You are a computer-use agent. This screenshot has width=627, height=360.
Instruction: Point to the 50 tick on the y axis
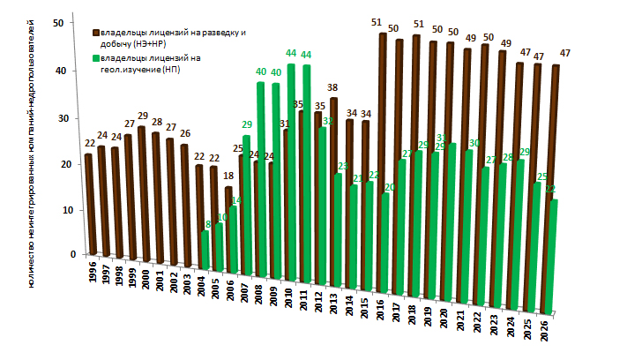(x=58, y=23)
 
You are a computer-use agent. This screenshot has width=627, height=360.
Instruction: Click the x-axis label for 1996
(x=93, y=273)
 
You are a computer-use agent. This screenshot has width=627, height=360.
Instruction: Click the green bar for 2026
(x=554, y=256)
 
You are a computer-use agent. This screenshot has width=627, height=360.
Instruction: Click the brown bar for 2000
(x=141, y=194)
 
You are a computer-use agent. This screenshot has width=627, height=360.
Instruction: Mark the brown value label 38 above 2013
(x=333, y=87)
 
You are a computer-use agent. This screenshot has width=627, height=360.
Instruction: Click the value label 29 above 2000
(x=142, y=116)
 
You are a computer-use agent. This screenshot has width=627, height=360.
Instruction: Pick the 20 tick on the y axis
(x=58, y=163)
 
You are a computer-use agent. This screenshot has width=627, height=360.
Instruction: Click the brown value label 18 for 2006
(x=228, y=176)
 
